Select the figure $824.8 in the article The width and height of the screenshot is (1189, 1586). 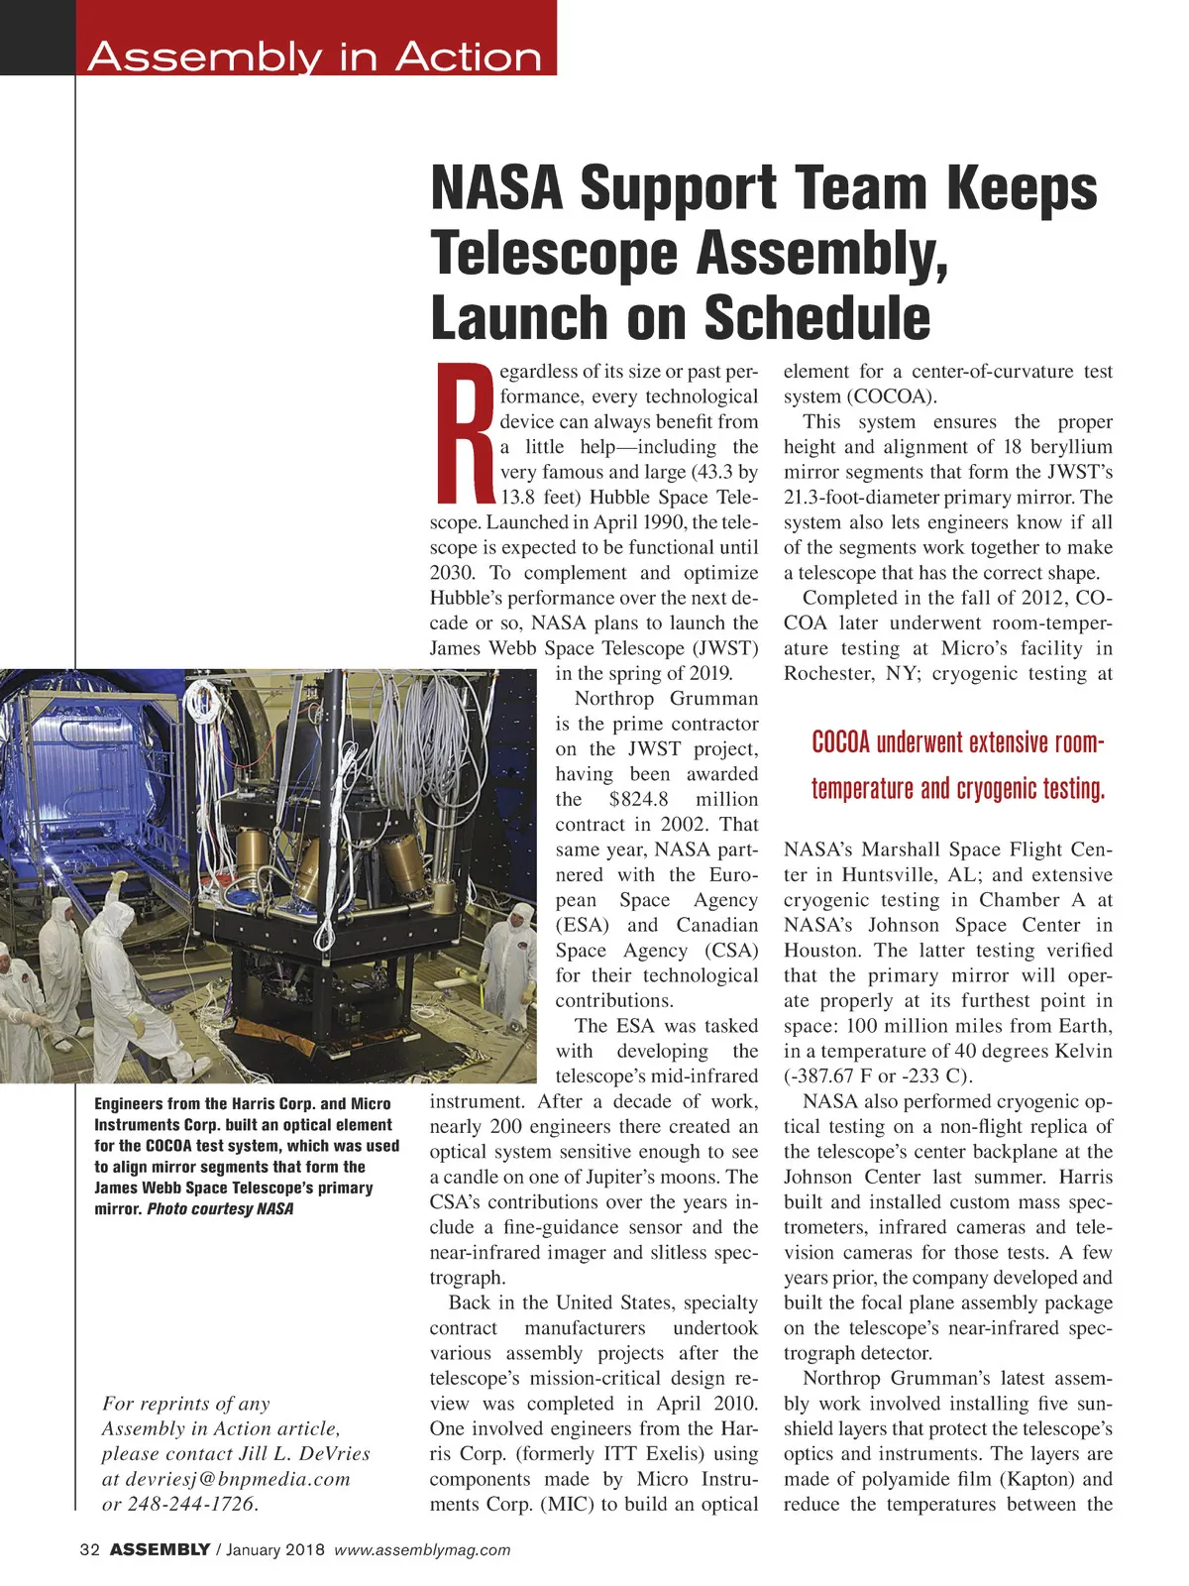(639, 799)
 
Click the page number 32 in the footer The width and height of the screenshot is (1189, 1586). (89, 1550)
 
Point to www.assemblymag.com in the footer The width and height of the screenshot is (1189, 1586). (422, 1550)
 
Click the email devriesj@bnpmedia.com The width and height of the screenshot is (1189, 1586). (238, 1479)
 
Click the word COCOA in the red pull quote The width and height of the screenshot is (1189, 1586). (840, 742)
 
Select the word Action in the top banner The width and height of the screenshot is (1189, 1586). (469, 57)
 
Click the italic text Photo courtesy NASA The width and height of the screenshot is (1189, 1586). (220, 1209)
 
